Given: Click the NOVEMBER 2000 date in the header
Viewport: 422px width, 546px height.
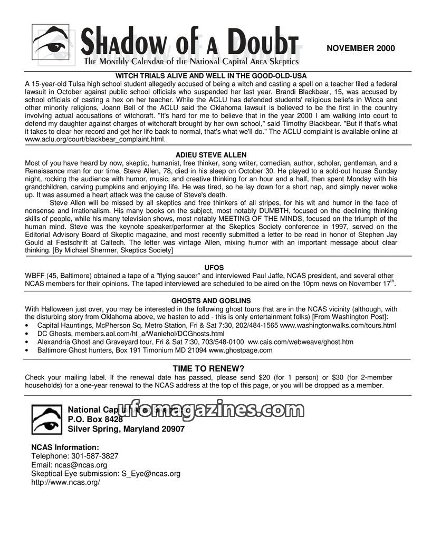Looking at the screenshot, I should pos(360,48).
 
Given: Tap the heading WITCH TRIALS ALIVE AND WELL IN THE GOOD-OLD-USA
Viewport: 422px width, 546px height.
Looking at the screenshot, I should pos(211,76).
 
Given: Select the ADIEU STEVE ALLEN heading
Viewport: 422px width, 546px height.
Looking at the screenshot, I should pos(211,155).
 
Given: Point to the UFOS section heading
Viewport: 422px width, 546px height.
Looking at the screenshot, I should pos(211,267).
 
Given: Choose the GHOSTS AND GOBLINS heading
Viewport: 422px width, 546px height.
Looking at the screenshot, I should pos(211,300).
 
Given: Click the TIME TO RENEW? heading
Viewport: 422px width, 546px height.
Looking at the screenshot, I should pos(209,368).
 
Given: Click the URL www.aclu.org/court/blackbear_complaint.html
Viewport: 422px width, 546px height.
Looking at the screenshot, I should pos(95,140).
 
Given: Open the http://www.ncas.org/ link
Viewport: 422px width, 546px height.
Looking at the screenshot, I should pos(65,482).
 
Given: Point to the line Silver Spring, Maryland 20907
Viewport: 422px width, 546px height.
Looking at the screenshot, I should pos(126,429).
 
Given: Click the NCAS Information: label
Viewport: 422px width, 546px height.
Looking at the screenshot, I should pos(65,447).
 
